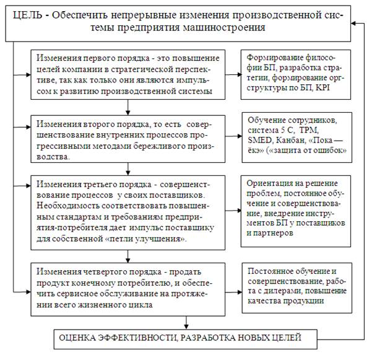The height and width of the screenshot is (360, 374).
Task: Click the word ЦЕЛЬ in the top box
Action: pyautogui.click(x=27, y=15)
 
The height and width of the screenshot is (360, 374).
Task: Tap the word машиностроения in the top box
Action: pyautogui.click(x=224, y=27)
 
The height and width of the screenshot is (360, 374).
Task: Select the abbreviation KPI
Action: pyautogui.click(x=323, y=87)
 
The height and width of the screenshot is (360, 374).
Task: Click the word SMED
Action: pyautogui.click(x=259, y=140)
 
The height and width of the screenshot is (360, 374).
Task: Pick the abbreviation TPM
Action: pyautogui.click(x=308, y=130)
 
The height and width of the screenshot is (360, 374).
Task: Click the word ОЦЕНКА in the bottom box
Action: pyautogui.click(x=77, y=338)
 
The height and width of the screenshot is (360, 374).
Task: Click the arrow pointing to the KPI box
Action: pyautogui.click(x=233, y=74)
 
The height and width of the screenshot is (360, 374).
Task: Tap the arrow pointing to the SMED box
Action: pyautogui.click(x=233, y=136)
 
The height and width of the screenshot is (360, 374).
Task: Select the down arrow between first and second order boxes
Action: pyautogui.click(x=128, y=107)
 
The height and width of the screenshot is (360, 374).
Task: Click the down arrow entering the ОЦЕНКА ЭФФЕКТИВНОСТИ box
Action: pyautogui.click(x=186, y=323)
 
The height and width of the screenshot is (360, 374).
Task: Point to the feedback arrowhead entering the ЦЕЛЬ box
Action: pyautogui.click(x=353, y=24)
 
